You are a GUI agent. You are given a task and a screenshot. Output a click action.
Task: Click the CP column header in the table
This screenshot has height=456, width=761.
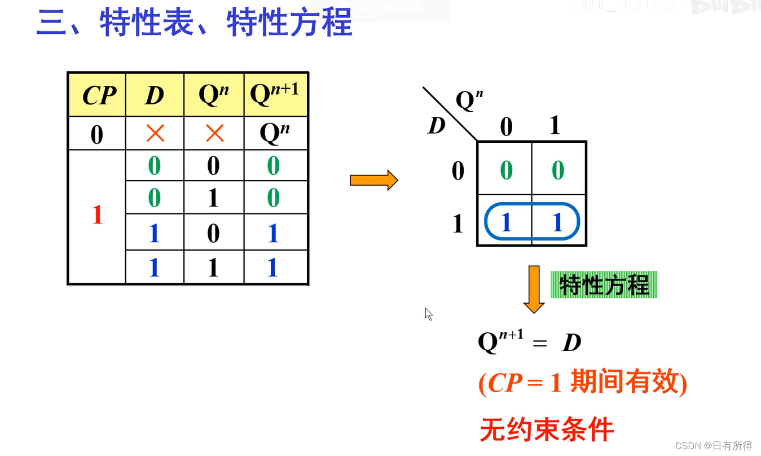tap(98, 95)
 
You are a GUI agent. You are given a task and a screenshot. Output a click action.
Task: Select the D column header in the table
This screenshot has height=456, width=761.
tap(154, 95)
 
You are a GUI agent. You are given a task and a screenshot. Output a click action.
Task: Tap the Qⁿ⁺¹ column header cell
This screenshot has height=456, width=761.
tap(275, 94)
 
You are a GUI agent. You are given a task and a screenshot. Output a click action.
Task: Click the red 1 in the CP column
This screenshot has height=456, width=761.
tap(97, 215)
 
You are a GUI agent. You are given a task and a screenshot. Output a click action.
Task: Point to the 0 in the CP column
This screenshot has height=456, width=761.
tap(96, 135)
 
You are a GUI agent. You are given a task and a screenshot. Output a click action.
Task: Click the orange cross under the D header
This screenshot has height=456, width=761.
tap(155, 133)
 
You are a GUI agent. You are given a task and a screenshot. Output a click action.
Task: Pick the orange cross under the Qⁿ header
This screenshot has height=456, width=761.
tap(214, 133)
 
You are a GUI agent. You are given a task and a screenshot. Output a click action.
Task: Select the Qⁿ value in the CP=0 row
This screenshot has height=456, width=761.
tap(275, 133)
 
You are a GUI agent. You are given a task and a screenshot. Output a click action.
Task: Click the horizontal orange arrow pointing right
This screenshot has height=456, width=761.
tap(373, 181)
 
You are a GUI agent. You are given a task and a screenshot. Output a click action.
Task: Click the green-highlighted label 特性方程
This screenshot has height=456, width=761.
tap(604, 285)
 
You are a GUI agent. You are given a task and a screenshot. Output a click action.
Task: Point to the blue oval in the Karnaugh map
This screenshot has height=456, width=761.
tap(532, 222)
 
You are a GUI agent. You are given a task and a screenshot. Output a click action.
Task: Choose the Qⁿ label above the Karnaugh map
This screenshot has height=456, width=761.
tap(469, 100)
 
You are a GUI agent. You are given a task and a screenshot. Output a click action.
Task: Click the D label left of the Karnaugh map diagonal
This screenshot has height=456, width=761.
tap(437, 126)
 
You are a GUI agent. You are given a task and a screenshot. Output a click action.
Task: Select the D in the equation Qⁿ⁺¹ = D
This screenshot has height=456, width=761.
tap(571, 343)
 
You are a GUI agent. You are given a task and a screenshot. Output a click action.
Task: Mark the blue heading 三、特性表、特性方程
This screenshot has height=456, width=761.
tap(195, 23)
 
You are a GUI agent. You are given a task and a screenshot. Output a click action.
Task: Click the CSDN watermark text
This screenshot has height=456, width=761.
tap(713, 446)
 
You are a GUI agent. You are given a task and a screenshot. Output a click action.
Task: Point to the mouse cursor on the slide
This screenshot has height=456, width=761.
tap(428, 313)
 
